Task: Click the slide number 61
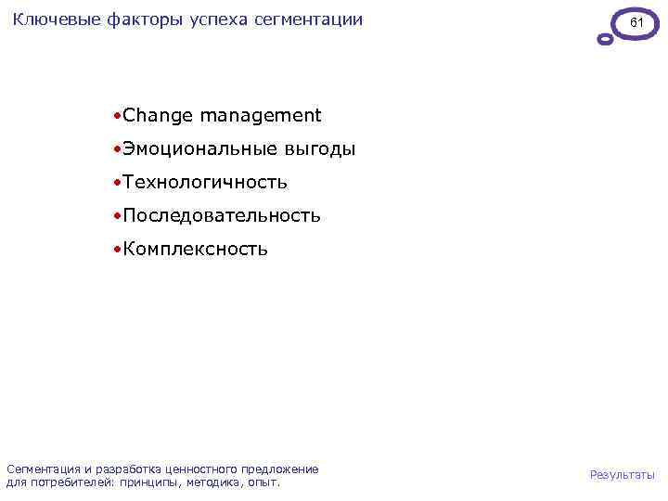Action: [x=636, y=20]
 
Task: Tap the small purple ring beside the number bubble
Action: [x=605, y=40]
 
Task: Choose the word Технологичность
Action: [x=204, y=183]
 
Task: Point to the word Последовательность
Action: [x=222, y=216]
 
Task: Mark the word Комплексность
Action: [x=195, y=250]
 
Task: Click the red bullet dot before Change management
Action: [x=115, y=117]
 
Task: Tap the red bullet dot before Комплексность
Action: [x=115, y=250]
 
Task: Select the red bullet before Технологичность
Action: [x=115, y=184]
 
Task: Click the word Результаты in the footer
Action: [x=622, y=475]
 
